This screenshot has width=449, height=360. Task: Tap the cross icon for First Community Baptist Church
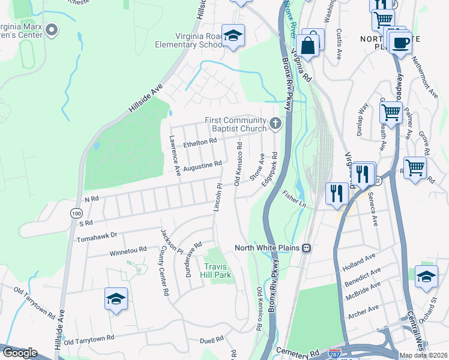276,124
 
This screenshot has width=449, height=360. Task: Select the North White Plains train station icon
306,247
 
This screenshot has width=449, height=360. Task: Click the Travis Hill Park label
217,271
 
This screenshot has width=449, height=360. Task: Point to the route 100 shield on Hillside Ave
76,213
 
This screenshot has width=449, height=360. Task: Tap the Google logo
19,353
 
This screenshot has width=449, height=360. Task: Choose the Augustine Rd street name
203,164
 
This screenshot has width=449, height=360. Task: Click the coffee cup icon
400,43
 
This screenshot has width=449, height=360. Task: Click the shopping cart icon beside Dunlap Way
391,112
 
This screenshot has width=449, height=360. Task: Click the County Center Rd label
162,272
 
